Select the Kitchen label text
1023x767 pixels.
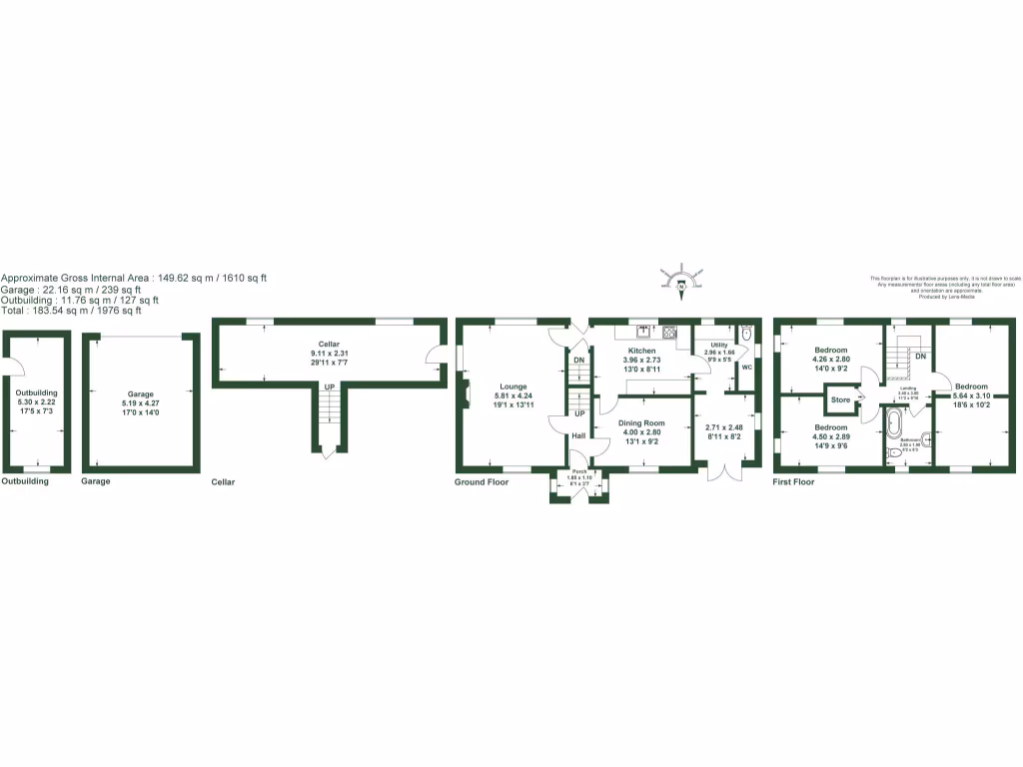coord(641,351)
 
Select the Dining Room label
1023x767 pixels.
coord(640,423)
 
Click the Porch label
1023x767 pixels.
coord(579,471)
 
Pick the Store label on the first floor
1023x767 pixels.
coord(840,401)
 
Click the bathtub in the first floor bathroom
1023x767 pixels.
coord(892,425)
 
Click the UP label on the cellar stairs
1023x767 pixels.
coord(329,386)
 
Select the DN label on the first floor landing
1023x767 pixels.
coord(920,357)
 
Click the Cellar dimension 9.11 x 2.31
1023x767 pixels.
coord(329,353)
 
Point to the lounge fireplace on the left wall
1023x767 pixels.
coord(466,392)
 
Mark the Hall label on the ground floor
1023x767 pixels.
coord(578,435)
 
